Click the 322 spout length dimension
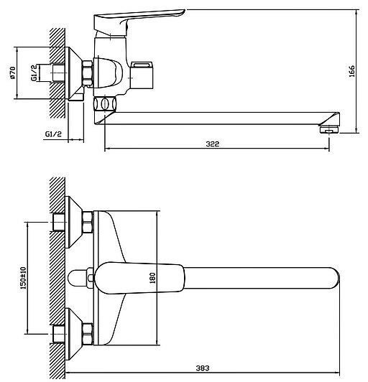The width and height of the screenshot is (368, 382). pyautogui.click(x=213, y=144)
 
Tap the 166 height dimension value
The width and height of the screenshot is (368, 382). pyautogui.click(x=351, y=71)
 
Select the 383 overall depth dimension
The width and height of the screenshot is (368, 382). pyautogui.click(x=203, y=368)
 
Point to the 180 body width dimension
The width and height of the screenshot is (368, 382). pyautogui.click(x=152, y=278)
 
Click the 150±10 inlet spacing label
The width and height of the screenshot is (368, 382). pyautogui.click(x=23, y=278)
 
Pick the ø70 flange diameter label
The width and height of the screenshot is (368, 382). pyautogui.click(x=12, y=73)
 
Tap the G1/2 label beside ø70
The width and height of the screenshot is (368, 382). pyautogui.click(x=34, y=73)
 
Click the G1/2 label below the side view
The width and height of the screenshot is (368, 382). pyautogui.click(x=53, y=134)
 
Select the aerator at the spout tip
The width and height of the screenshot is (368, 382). pyautogui.click(x=329, y=129)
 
